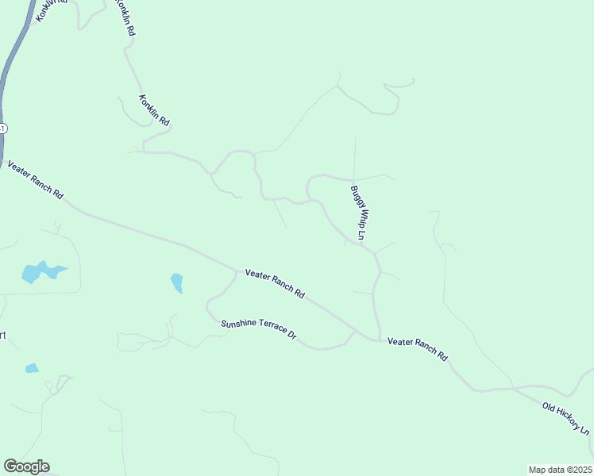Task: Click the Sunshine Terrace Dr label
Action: [x=258, y=329]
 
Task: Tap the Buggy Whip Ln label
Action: [x=357, y=213]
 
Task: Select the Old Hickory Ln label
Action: [x=565, y=418]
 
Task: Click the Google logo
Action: [x=26, y=466]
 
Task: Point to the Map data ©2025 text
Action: [x=561, y=469]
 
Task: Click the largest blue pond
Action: [x=40, y=271]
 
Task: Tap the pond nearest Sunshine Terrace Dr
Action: [x=176, y=282]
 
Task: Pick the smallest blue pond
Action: [x=32, y=368]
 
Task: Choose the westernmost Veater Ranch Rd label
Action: [x=35, y=179]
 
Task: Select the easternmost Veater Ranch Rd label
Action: [x=418, y=349]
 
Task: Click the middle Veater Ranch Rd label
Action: [x=275, y=283]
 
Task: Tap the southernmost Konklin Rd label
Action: [x=154, y=111]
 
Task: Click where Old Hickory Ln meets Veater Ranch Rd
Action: [x=513, y=388]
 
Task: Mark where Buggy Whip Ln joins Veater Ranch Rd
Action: [x=379, y=339]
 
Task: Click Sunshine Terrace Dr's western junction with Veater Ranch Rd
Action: [x=237, y=272]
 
